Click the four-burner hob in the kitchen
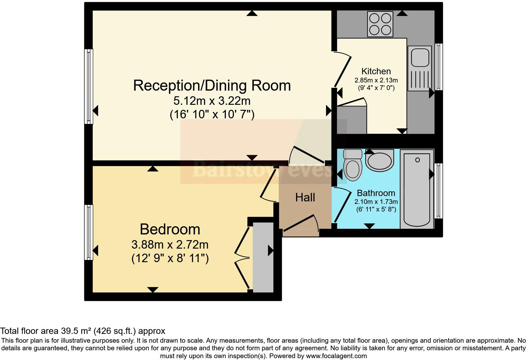tap(380, 24)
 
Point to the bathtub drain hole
tap(417, 160)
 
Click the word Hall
tap(305, 198)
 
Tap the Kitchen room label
tap(376, 71)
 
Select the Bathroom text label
tap(376, 193)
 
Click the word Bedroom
tap(170, 229)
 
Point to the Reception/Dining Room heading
tap(212, 86)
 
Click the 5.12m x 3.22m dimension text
tap(212, 101)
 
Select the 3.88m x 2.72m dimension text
tap(170, 245)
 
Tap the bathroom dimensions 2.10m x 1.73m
tap(376, 202)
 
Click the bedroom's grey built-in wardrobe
tap(263, 257)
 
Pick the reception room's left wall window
tap(89, 86)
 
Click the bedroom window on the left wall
tap(89, 232)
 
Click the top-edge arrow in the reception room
tap(252, 13)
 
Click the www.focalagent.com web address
tap(336, 356)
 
